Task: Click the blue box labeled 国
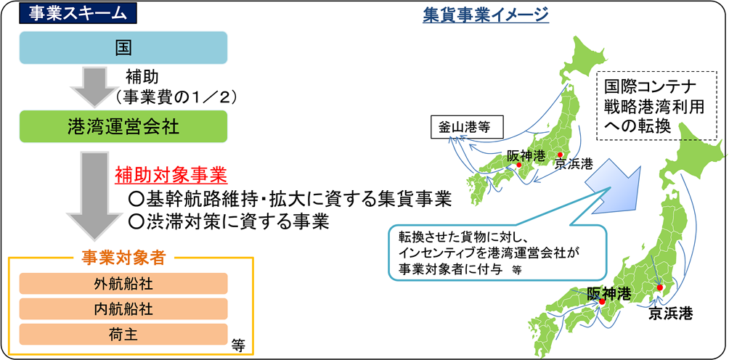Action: point(123,47)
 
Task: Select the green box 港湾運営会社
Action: point(123,126)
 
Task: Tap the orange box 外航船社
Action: point(123,283)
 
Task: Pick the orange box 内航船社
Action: point(123,309)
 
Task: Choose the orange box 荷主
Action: point(123,335)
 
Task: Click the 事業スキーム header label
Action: point(78,14)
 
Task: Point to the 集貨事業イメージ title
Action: point(486,15)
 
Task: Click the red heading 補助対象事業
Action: point(171,176)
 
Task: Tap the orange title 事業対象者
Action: point(123,258)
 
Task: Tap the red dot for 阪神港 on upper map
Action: point(519,165)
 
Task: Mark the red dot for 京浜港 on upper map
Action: point(561,154)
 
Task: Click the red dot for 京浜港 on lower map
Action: point(659,287)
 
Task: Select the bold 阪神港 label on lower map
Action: point(609,293)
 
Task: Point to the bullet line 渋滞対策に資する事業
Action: point(229,222)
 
